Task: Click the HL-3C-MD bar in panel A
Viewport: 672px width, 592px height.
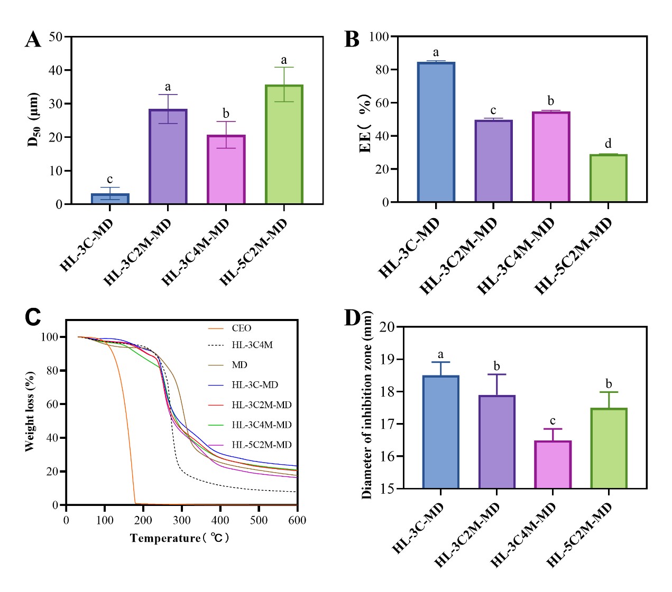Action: click(110, 199)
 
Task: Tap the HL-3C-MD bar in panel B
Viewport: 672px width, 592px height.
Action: click(436, 132)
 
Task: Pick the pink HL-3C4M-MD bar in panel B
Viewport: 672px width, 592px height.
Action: click(551, 157)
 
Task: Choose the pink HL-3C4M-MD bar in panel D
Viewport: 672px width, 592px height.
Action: click(553, 465)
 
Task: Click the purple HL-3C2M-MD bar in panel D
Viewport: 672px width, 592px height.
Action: click(497, 442)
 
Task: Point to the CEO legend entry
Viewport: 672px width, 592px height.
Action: click(241, 328)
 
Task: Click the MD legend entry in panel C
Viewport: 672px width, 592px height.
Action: click(239, 365)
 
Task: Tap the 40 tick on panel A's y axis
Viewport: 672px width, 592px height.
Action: click(56, 70)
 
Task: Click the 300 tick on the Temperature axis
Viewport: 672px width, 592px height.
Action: click(182, 520)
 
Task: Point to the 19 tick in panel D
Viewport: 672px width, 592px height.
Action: click(387, 359)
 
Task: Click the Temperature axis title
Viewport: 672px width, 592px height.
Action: click(180, 538)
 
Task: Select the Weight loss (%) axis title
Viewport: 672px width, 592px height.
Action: click(30, 411)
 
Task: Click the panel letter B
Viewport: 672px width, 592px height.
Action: click(352, 40)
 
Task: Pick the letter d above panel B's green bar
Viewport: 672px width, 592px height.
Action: click(608, 144)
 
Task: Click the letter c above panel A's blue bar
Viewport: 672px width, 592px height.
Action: click(109, 180)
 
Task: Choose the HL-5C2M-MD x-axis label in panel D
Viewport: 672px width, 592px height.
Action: click(579, 534)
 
